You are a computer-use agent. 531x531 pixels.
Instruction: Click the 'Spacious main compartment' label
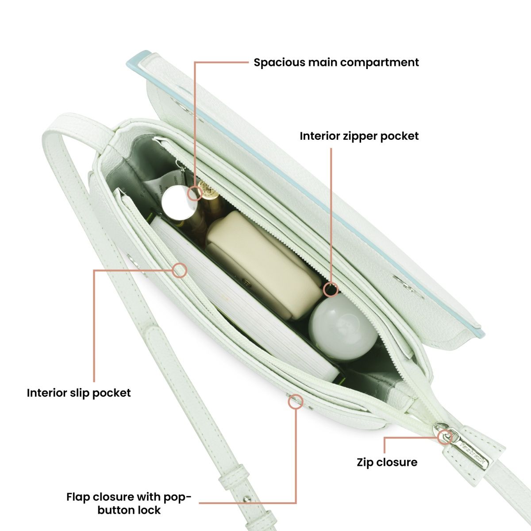[x=336, y=62]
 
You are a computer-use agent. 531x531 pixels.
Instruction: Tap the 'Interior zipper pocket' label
[x=359, y=136]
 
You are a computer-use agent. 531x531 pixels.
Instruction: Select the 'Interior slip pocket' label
[x=79, y=393]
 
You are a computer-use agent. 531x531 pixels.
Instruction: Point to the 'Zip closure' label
[x=387, y=462]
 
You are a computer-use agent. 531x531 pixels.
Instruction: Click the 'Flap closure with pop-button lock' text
[x=129, y=503]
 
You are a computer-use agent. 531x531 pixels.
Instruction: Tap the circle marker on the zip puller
[x=445, y=437]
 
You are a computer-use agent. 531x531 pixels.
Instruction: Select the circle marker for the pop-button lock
[x=296, y=402]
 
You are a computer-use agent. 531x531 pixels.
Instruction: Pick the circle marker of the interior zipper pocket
[x=331, y=290]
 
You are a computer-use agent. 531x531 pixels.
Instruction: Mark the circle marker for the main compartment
[x=195, y=193]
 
